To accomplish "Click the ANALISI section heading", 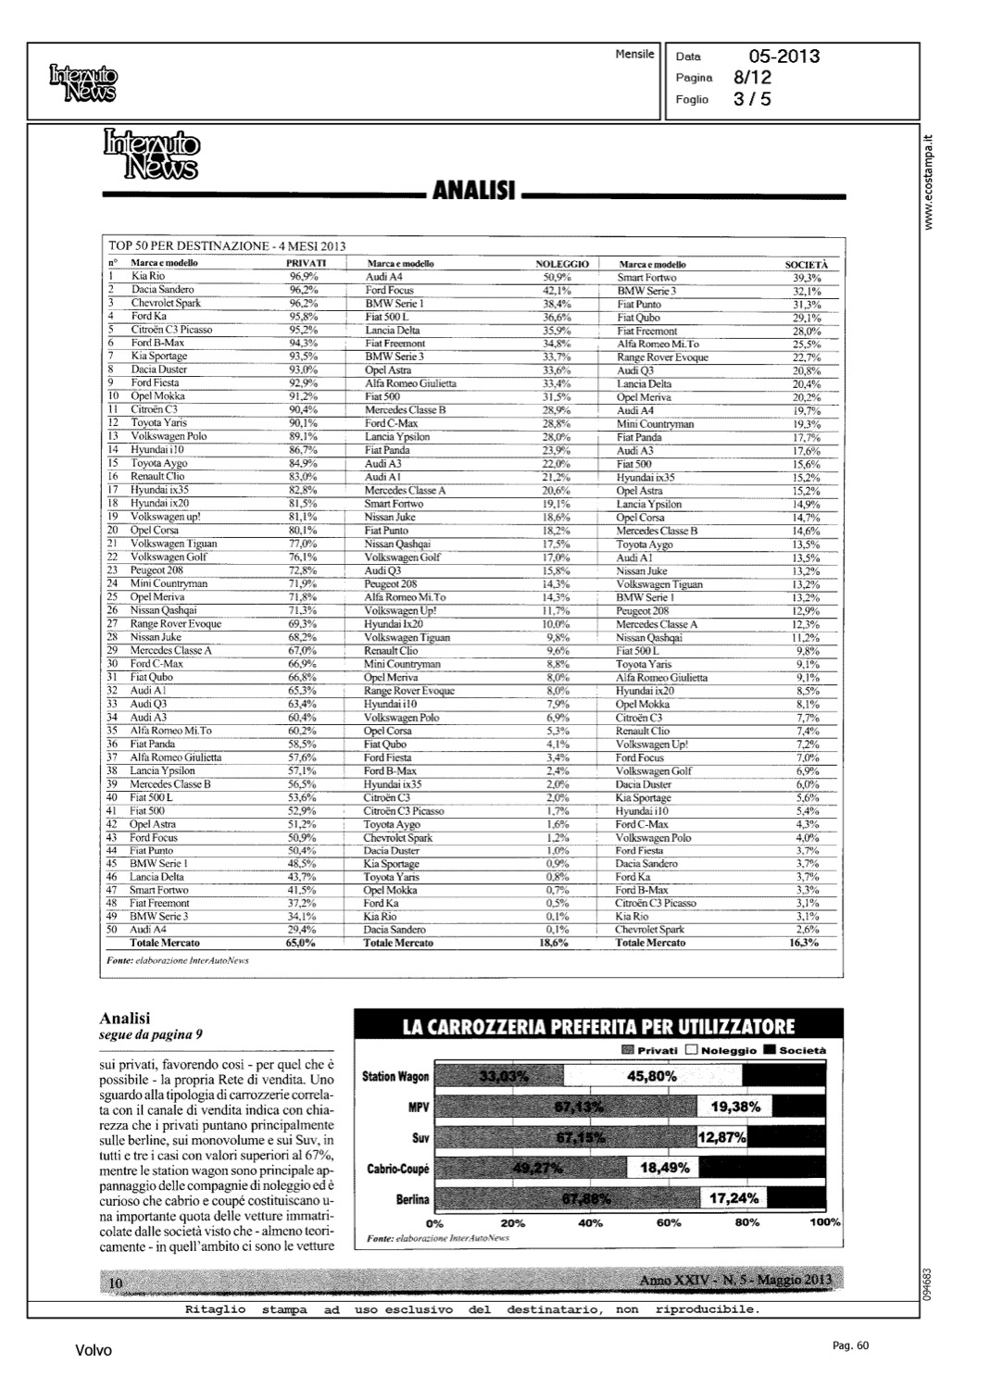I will (475, 192).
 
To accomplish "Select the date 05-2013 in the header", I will (783, 56).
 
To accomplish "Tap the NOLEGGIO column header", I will (562, 264).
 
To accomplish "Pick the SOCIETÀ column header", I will (807, 265).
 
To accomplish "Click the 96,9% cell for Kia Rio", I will (304, 276).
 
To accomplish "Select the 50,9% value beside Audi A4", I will (557, 277).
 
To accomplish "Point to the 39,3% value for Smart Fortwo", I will (807, 278).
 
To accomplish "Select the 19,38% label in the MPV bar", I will (735, 1107).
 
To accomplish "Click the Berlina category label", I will (412, 1199).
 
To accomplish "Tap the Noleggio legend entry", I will (721, 1051).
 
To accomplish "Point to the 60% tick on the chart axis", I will (669, 1222).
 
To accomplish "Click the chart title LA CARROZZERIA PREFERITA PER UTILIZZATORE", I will (598, 1026).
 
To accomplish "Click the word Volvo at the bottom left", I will (94, 1351).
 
